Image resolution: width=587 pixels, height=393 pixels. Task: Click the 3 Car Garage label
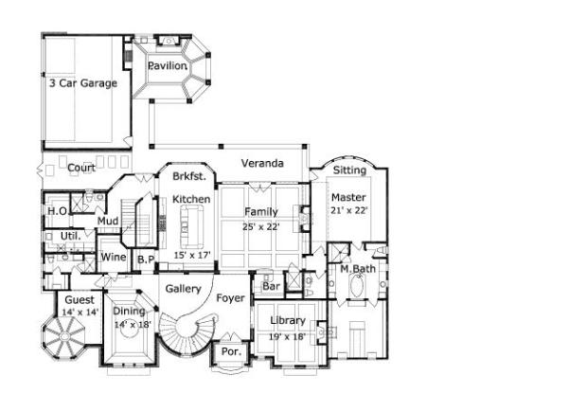83,83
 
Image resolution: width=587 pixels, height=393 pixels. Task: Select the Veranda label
262,164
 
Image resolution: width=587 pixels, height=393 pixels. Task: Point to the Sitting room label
349,171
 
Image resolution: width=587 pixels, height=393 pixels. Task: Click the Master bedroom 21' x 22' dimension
348,209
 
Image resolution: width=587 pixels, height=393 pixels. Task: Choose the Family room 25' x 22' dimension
262,226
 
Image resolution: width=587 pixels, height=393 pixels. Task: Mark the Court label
80,168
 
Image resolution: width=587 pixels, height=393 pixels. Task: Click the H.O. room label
57,211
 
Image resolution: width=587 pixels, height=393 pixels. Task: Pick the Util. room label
69,234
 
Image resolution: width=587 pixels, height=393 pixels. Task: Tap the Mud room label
107,223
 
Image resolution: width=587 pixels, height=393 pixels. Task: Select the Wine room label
114,258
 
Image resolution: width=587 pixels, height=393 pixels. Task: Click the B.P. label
146,259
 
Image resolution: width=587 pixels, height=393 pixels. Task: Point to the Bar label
271,285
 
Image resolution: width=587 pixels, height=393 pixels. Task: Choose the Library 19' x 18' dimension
288,335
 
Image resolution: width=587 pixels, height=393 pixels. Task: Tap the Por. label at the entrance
229,350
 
